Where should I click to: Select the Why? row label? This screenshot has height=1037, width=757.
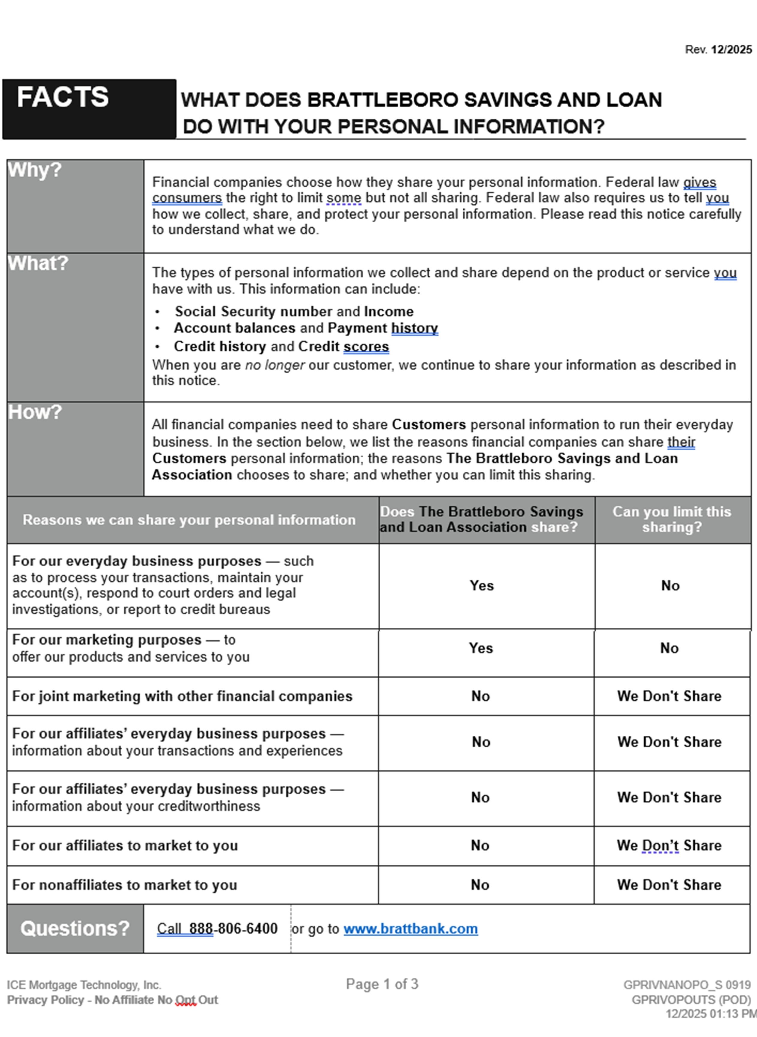pos(35,170)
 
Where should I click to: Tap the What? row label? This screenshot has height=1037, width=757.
pos(38,263)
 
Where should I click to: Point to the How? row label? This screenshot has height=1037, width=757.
pos(35,412)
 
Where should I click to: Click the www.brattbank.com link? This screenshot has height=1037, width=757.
pos(411,929)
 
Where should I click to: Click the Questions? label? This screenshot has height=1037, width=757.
pos(75,929)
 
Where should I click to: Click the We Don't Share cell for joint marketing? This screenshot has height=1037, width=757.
pos(669,696)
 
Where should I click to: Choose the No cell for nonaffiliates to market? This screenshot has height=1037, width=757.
pos(480,885)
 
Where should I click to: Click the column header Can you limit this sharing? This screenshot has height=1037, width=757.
pos(672,519)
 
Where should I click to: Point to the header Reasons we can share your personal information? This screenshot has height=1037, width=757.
pos(189,520)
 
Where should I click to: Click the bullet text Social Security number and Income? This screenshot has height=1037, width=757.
pos(294,312)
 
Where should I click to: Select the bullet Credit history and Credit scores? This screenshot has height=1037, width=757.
pos(281,346)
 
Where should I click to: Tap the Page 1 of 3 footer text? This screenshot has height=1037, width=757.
pos(382,984)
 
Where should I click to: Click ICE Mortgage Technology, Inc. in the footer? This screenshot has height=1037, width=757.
pos(84,985)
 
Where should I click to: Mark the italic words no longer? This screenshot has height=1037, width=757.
pos(275,365)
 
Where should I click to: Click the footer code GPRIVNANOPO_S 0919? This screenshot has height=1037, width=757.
pos(687,985)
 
